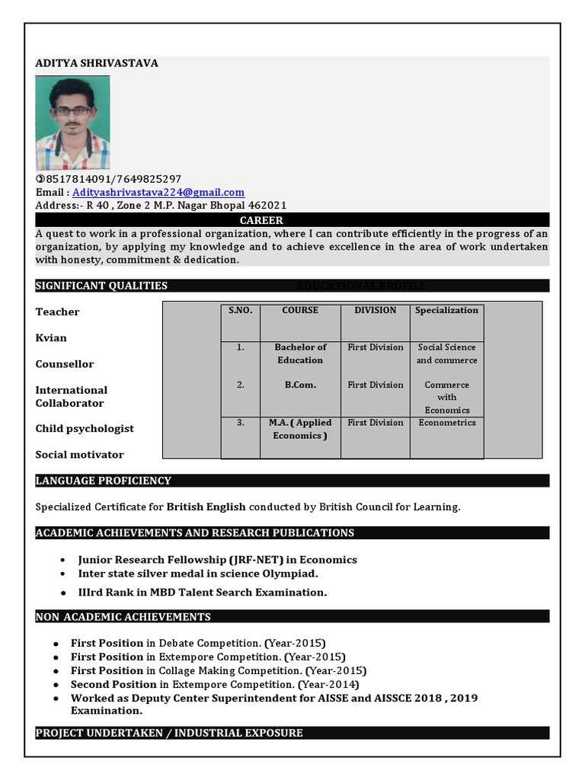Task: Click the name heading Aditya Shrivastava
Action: pyautogui.click(x=97, y=63)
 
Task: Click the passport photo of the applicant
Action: pyautogui.click(x=73, y=123)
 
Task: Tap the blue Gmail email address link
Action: pyautogui.click(x=158, y=193)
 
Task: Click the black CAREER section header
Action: pyautogui.click(x=261, y=220)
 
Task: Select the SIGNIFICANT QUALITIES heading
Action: pyautogui.click(x=101, y=286)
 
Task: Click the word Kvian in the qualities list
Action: pyautogui.click(x=51, y=338)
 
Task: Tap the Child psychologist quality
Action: pyautogui.click(x=85, y=429)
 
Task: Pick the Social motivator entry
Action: pyautogui.click(x=79, y=455)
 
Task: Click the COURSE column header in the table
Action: pyautogui.click(x=300, y=311)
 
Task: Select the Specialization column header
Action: pyautogui.click(x=446, y=311)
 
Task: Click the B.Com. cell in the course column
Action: pyautogui.click(x=300, y=385)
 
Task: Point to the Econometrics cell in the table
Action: pyautogui.click(x=447, y=423)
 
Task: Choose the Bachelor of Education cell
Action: pyautogui.click(x=300, y=353)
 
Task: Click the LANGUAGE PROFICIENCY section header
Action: pyautogui.click(x=104, y=481)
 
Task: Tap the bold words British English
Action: pyautogui.click(x=206, y=507)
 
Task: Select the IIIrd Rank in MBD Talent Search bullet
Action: pyautogui.click(x=203, y=593)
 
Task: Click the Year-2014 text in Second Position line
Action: pyautogui.click(x=328, y=685)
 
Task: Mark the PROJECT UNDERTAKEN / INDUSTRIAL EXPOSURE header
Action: pyautogui.click(x=169, y=733)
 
